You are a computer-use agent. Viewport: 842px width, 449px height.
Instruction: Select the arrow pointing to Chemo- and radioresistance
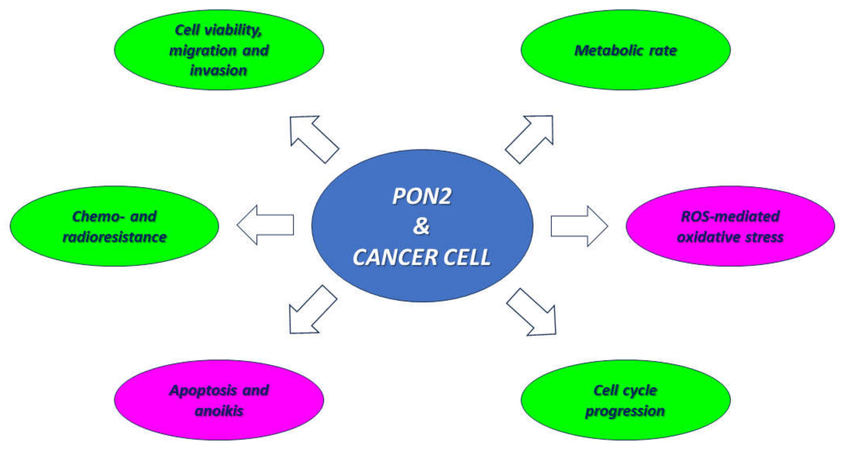pos(265,225)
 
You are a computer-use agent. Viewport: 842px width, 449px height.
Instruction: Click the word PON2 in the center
pos(422,196)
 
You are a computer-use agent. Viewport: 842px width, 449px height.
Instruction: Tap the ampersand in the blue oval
pos(421,226)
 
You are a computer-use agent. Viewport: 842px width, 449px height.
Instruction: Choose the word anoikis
pos(219,411)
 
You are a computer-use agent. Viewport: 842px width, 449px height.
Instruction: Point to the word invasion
pos(218,70)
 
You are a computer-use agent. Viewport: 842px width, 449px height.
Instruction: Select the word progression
pos(625,411)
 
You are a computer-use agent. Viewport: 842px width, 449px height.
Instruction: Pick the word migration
pos(203,50)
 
